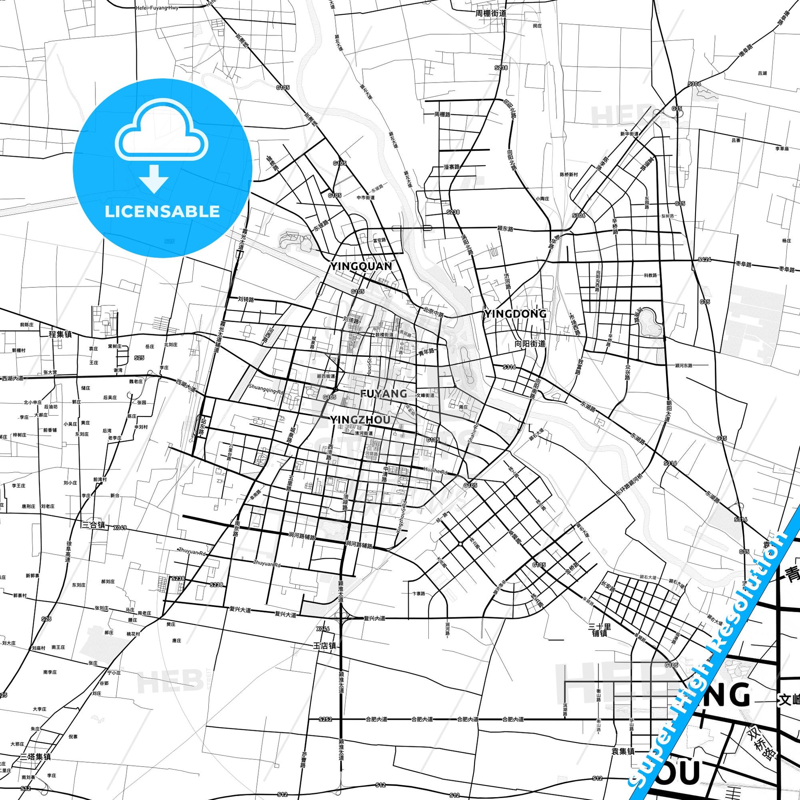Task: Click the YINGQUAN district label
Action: [x=361, y=266]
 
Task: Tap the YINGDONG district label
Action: [x=515, y=314]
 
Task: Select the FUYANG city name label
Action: [x=384, y=393]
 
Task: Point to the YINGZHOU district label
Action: [x=360, y=420]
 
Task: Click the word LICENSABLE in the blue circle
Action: [x=162, y=212]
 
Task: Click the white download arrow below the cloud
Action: [x=153, y=178]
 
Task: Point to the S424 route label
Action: [x=704, y=260]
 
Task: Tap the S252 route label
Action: [x=326, y=719]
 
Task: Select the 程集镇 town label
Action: [x=60, y=334]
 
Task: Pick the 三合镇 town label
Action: [x=93, y=525]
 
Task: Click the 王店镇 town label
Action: [x=325, y=646]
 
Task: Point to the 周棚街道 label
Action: [x=491, y=13]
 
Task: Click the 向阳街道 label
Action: [x=530, y=343]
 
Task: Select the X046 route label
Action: [x=323, y=629]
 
